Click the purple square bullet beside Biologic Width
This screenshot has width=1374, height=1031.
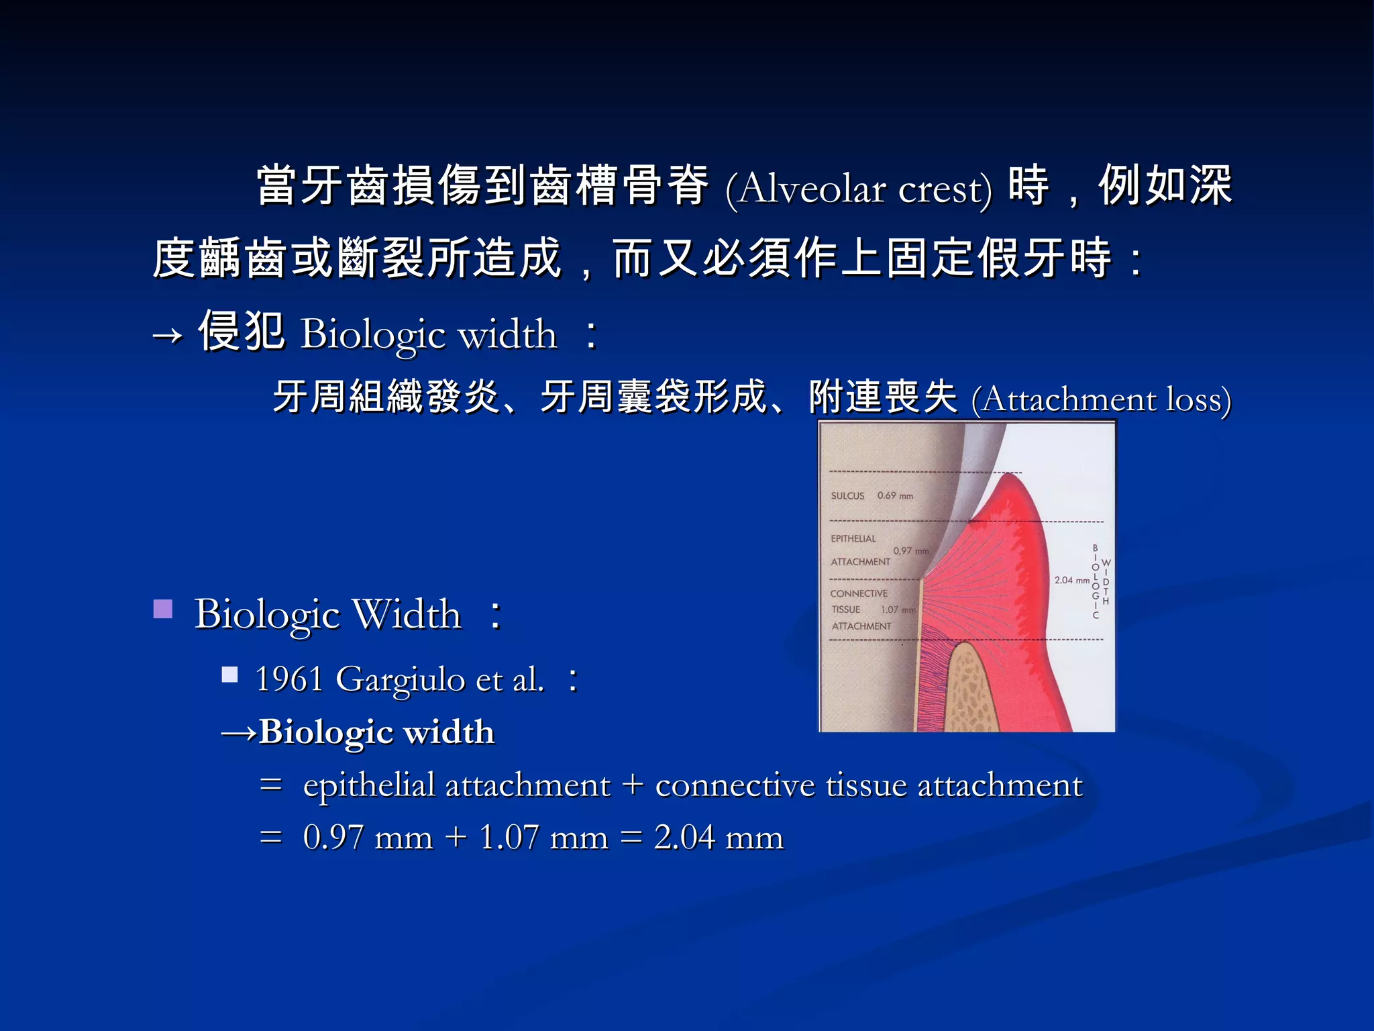[163, 609]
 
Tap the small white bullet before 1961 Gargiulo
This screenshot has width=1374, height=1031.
[230, 674]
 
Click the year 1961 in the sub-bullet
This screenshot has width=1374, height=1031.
[289, 679]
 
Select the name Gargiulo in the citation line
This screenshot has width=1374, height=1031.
[400, 680]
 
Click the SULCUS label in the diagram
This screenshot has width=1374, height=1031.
[847, 496]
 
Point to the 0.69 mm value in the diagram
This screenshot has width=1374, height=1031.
[895, 496]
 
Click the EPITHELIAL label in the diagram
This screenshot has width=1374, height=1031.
[853, 538]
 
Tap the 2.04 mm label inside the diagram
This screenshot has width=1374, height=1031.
[1071, 580]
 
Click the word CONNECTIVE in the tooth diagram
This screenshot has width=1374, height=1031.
[859, 593]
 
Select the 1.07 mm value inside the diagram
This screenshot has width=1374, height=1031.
[898, 609]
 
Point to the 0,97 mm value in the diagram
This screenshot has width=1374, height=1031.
[910, 551]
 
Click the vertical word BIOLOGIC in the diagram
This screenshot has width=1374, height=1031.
[1095, 582]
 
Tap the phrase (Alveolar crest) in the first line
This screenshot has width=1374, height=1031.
[858, 189]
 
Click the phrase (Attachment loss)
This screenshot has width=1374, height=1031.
[1101, 399]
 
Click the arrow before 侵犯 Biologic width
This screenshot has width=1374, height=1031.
[167, 334]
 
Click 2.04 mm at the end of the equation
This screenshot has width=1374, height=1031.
[718, 837]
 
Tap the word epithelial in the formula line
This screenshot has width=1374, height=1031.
[369, 785]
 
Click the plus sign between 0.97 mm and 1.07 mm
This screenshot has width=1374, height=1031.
[456, 837]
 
